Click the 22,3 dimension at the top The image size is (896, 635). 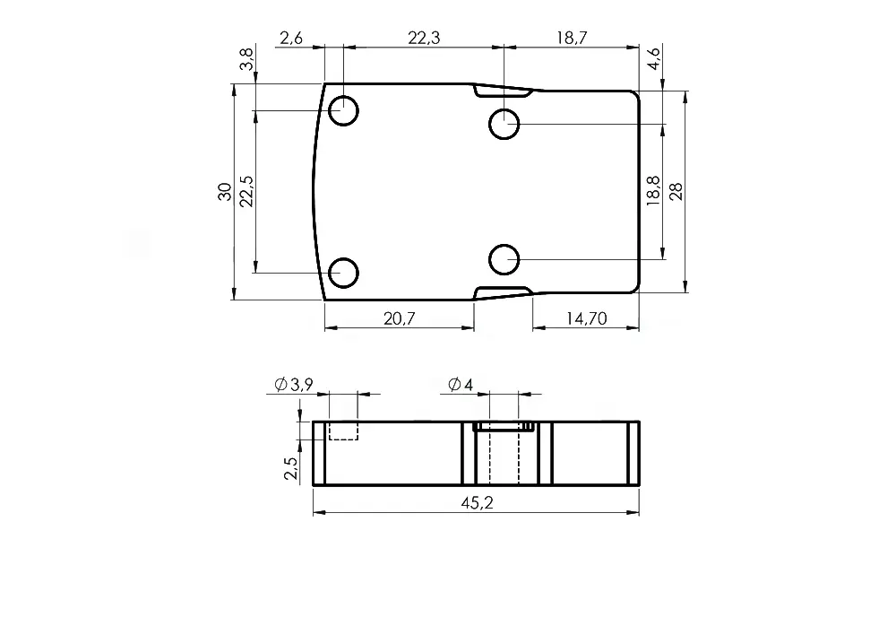pos(424,38)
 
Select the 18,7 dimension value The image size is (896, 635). pos(572,38)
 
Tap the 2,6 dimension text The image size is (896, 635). pos(291,38)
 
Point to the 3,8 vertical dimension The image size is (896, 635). pos(246,59)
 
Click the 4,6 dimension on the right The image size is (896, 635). pos(653,58)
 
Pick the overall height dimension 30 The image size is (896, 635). pos(225,192)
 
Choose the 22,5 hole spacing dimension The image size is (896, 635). pos(246,191)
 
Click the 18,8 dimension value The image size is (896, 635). pos(653,190)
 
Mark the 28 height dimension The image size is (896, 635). pos(676,192)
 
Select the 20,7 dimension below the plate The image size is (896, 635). pos(399,318)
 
